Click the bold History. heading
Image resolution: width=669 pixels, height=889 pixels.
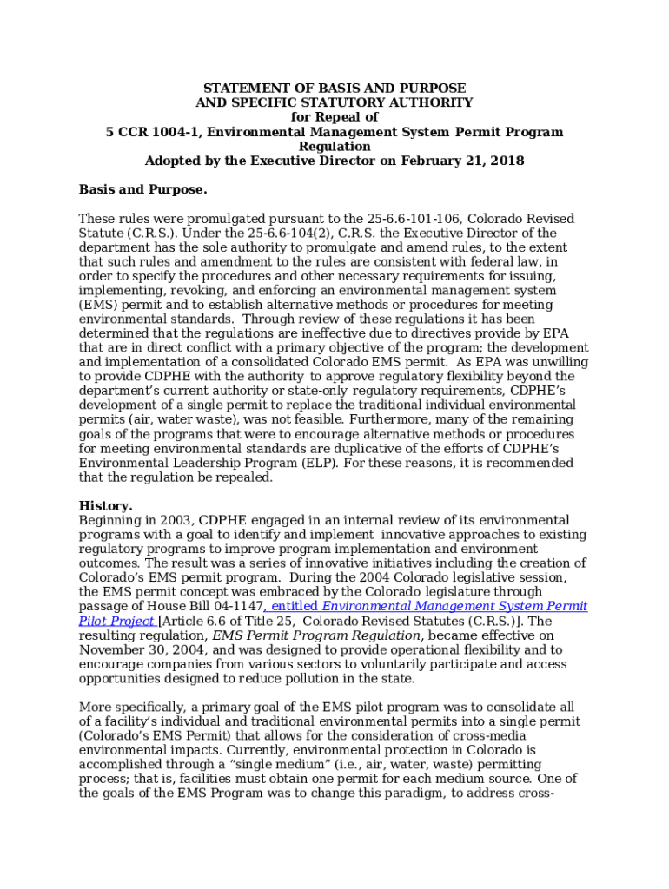[106, 505]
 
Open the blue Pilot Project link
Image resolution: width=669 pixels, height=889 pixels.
[116, 621]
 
